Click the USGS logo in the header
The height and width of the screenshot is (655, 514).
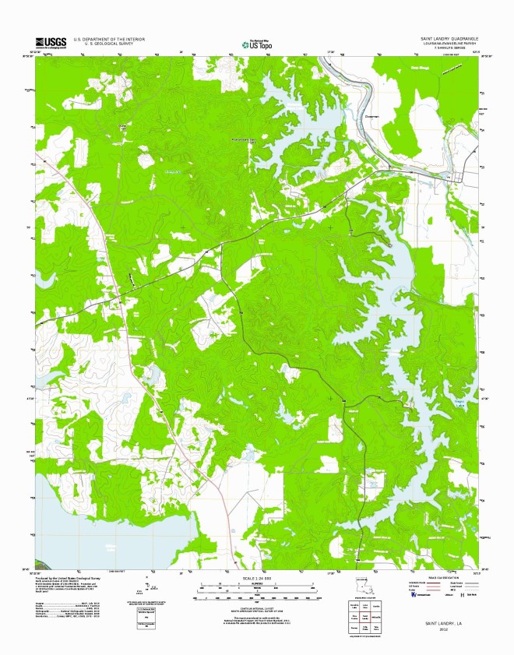(49, 42)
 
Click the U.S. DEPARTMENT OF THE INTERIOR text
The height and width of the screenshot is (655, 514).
(109, 38)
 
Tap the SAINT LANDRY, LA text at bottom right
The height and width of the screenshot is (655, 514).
(443, 624)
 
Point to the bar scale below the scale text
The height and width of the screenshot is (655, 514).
(257, 586)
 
